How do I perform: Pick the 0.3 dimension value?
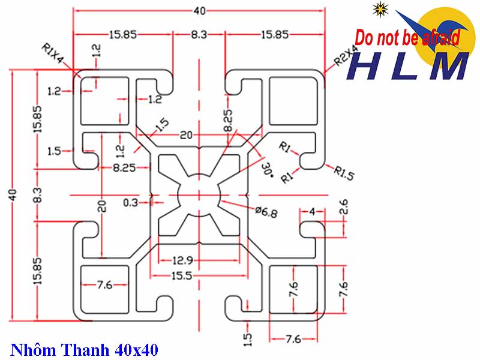(130, 203)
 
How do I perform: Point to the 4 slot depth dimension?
(312, 211)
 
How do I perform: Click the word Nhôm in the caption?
(31, 348)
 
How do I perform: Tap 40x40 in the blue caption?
(133, 348)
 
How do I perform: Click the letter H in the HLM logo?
(370, 66)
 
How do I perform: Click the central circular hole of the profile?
(199, 196)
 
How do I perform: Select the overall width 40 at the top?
(199, 11)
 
